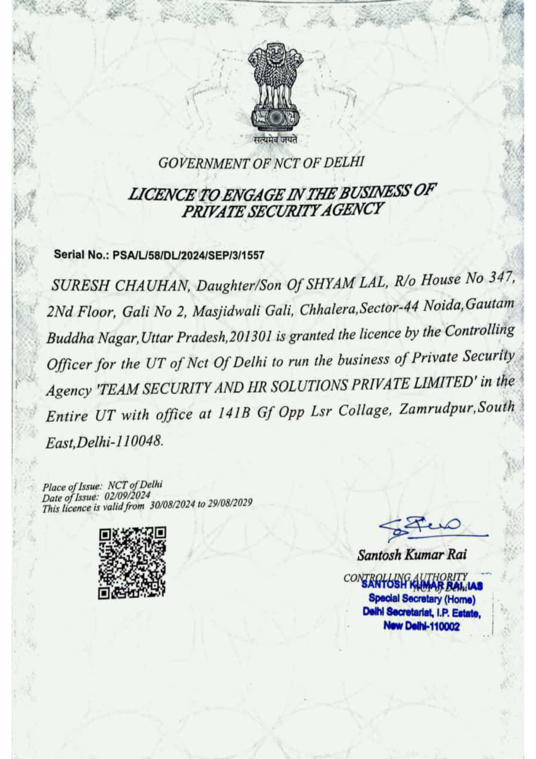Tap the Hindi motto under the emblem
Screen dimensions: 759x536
pos(275,140)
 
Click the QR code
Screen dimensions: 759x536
pos(132,563)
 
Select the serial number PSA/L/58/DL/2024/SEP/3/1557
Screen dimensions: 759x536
pos(188,255)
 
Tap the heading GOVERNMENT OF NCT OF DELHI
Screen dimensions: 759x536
pos(261,163)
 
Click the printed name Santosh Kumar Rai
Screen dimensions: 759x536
pos(412,555)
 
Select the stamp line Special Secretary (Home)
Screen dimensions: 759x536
pos(422,599)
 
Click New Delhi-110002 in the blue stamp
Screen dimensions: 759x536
pos(421,626)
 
